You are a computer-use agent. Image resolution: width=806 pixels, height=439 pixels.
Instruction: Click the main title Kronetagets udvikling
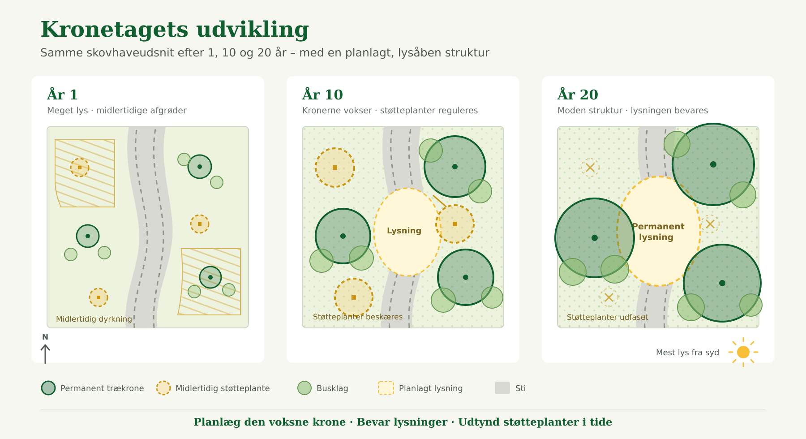point(175,30)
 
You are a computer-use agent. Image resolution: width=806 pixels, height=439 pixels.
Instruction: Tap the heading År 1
point(63,95)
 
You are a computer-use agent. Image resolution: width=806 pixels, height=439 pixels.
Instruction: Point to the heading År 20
point(578,95)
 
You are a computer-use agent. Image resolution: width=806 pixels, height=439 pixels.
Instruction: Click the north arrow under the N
point(45,354)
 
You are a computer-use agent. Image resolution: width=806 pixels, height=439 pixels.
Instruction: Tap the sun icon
point(743,352)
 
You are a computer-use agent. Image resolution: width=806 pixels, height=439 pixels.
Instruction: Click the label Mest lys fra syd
point(687,353)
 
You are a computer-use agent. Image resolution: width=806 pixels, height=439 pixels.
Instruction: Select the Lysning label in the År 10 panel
point(404,231)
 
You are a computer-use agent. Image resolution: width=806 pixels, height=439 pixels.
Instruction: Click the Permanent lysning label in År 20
point(658,232)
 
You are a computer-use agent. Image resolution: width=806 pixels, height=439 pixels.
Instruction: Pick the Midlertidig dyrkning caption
point(94,319)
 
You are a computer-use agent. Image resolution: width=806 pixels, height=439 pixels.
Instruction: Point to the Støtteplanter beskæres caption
point(358,317)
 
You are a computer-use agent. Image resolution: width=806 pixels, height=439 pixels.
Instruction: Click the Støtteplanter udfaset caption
point(607,317)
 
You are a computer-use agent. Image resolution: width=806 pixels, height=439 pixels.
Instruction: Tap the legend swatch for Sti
point(502,388)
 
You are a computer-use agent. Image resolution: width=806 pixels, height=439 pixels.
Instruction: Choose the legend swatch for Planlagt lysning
point(386,388)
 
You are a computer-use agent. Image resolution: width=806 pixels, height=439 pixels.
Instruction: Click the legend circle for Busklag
point(304,388)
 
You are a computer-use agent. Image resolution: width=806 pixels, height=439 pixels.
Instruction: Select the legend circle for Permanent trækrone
point(48,388)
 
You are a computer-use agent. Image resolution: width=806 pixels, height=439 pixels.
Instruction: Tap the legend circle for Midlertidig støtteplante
point(163,388)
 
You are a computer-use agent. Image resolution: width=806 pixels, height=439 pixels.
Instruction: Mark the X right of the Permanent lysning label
point(710,224)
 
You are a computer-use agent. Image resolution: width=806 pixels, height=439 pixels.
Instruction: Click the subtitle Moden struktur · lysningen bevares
point(633,110)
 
